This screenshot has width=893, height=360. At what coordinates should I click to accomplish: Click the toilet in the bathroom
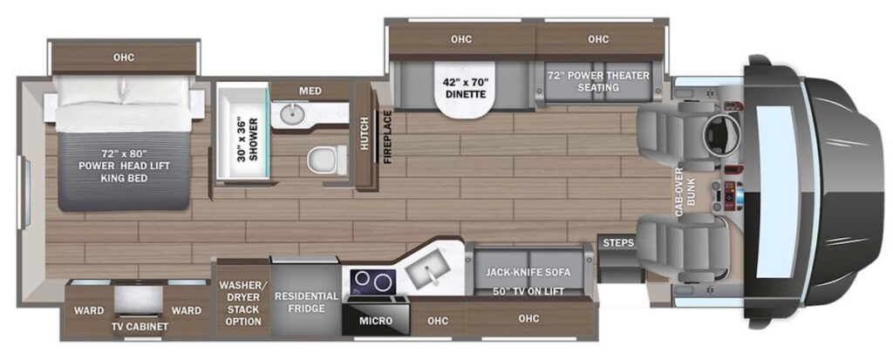click(x=327, y=159)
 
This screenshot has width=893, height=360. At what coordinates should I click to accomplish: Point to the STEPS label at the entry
click(x=618, y=243)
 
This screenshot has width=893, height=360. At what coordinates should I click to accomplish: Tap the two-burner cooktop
click(x=373, y=281)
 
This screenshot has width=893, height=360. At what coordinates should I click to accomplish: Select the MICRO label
click(x=375, y=321)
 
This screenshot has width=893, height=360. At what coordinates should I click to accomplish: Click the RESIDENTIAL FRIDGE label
click(x=306, y=302)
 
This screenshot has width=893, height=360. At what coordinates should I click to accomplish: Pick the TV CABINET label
click(x=140, y=327)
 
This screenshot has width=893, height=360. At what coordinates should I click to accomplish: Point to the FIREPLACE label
click(x=386, y=136)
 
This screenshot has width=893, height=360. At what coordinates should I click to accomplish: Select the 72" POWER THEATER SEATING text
click(x=598, y=81)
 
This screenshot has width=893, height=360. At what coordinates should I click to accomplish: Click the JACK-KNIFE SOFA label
click(x=528, y=272)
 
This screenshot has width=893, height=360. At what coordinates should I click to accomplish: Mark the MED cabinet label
click(x=310, y=91)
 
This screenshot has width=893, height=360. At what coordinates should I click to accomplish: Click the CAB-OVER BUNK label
click(x=684, y=201)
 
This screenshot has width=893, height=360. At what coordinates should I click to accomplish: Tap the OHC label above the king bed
click(x=124, y=57)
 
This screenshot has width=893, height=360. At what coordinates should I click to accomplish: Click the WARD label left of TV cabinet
click(x=89, y=310)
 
